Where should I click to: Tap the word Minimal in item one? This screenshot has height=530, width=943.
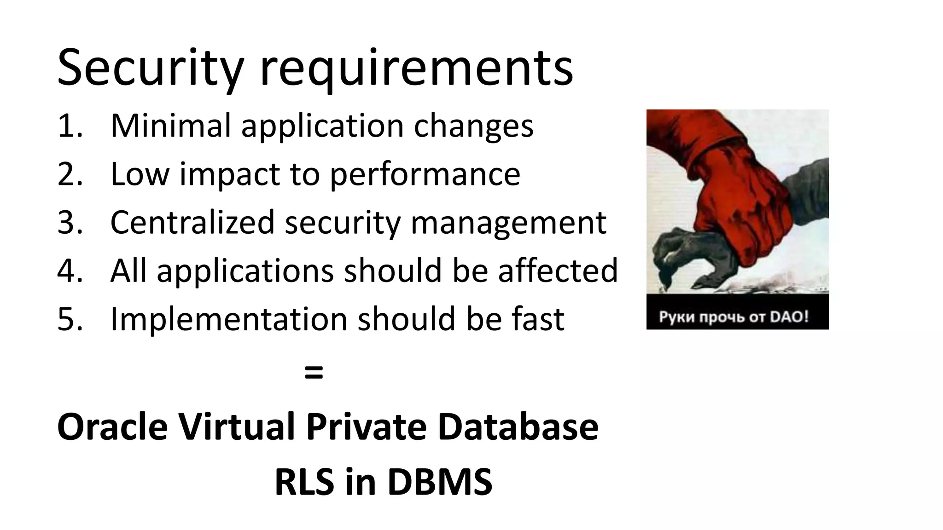point(171,125)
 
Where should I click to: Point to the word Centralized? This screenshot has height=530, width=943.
point(192,222)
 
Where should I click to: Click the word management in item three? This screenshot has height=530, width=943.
point(508,223)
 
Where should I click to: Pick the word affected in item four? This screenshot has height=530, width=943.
point(558,270)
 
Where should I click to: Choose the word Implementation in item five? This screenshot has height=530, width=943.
point(229,318)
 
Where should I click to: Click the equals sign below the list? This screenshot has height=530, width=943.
point(314,372)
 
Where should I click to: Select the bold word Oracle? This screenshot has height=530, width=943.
point(112,426)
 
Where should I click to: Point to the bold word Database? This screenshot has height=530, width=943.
point(518,426)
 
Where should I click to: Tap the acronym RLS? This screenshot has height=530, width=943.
point(304,482)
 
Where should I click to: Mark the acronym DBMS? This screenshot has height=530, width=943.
point(440,482)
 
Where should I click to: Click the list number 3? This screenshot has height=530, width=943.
point(70,222)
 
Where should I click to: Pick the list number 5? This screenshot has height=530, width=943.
point(70,318)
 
